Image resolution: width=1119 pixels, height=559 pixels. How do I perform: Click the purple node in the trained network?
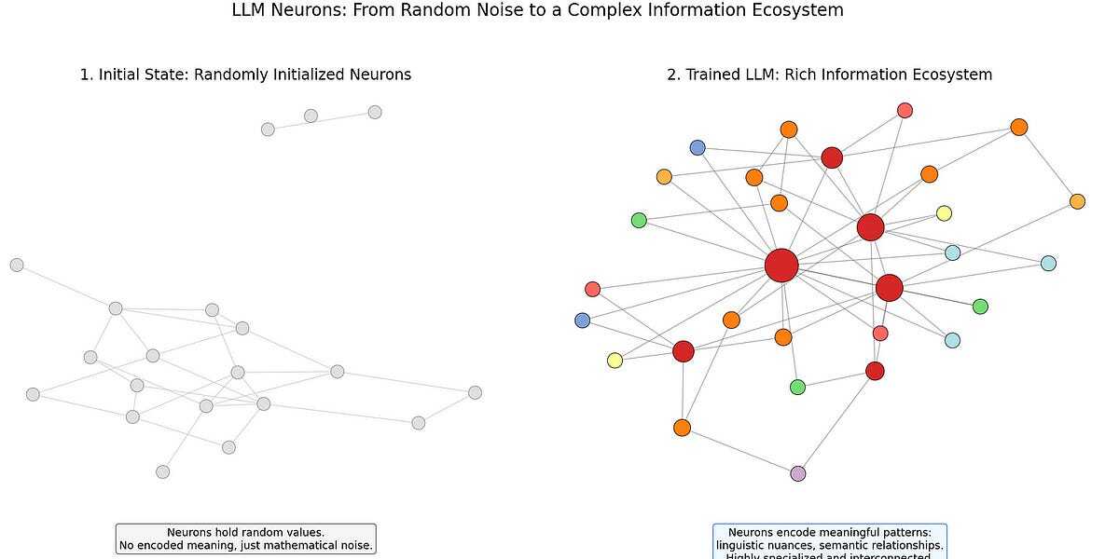[x=797, y=473]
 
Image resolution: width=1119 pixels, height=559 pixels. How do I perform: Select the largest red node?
[x=781, y=266]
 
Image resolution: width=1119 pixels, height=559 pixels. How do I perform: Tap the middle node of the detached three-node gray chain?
[x=311, y=116]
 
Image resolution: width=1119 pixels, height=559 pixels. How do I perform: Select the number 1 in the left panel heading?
[x=84, y=75]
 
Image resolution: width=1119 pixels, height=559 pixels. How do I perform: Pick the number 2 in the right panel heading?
[x=671, y=75]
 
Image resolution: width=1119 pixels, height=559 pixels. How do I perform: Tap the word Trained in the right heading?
[x=715, y=75]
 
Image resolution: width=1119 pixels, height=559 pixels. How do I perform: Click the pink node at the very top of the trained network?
[x=905, y=110]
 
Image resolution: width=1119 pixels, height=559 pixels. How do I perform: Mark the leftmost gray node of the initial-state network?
[x=17, y=265]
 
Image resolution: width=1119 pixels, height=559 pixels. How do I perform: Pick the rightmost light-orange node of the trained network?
[x=1077, y=201]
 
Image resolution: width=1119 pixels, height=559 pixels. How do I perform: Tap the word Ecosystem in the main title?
[x=799, y=11]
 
